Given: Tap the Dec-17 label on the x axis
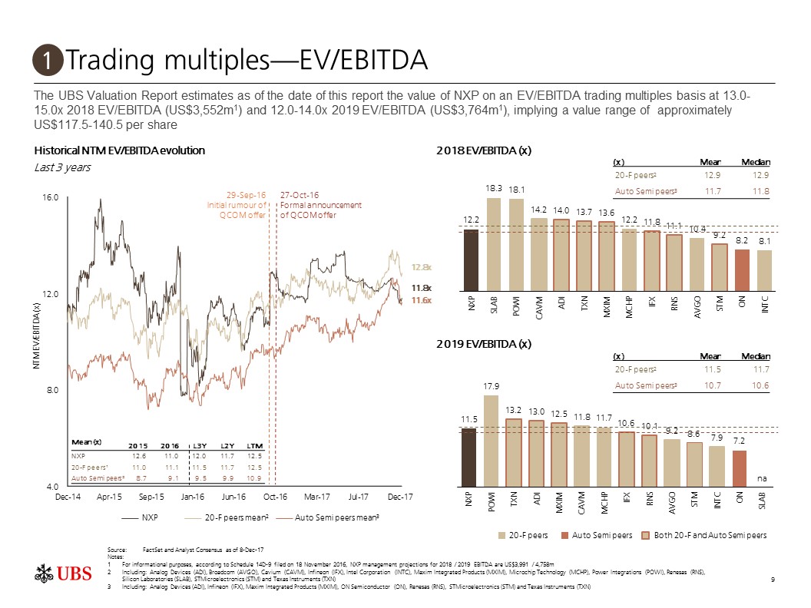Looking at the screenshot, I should pyautogui.click(x=400, y=497).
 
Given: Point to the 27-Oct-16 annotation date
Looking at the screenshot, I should pyautogui.click(x=300, y=195).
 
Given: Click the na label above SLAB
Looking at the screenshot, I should pyautogui.click(x=763, y=478).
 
